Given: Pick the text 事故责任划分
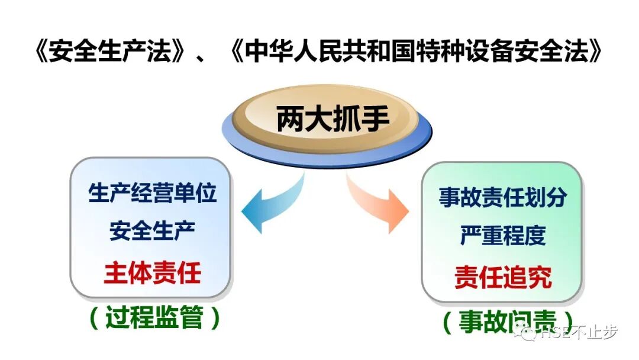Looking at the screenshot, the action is coord(502,197).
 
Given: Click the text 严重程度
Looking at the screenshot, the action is coord(502,236).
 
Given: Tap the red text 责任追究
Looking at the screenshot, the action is coord(502,277).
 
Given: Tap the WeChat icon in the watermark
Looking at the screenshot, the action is coord(525,334).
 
